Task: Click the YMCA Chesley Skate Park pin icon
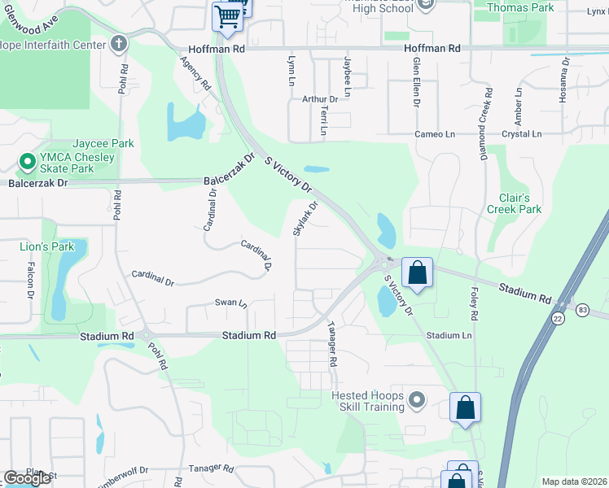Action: [x=26, y=162]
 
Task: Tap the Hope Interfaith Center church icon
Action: [x=119, y=42]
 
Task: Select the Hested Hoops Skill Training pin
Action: [x=418, y=399]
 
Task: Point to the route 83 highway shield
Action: [x=581, y=310]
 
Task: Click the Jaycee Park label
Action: [x=103, y=143]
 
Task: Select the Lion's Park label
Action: [x=47, y=246]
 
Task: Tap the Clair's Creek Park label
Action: [x=514, y=203]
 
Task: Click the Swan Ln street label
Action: [x=230, y=303]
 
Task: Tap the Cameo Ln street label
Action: [x=429, y=134]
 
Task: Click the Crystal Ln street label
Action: [x=521, y=134]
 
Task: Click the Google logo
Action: [x=27, y=478]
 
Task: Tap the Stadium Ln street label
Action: [x=449, y=335]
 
